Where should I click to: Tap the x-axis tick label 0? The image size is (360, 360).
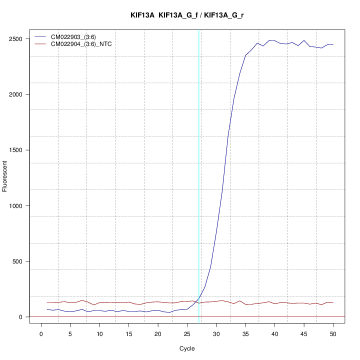pos(41,334)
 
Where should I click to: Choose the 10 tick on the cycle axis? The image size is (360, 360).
pos(99,334)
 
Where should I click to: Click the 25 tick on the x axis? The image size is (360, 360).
pos(187,334)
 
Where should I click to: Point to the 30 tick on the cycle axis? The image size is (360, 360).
pos(216,334)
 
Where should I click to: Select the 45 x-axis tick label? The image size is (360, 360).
pos(303,334)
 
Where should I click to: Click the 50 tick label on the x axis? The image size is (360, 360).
pos(333,334)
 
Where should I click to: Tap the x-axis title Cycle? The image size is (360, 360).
pos(187,348)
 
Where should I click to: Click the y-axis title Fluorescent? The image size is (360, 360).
pos(6,176)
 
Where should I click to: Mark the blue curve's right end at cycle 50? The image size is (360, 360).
pos(333,45)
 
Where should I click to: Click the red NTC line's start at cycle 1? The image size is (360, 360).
pos(47,302)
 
